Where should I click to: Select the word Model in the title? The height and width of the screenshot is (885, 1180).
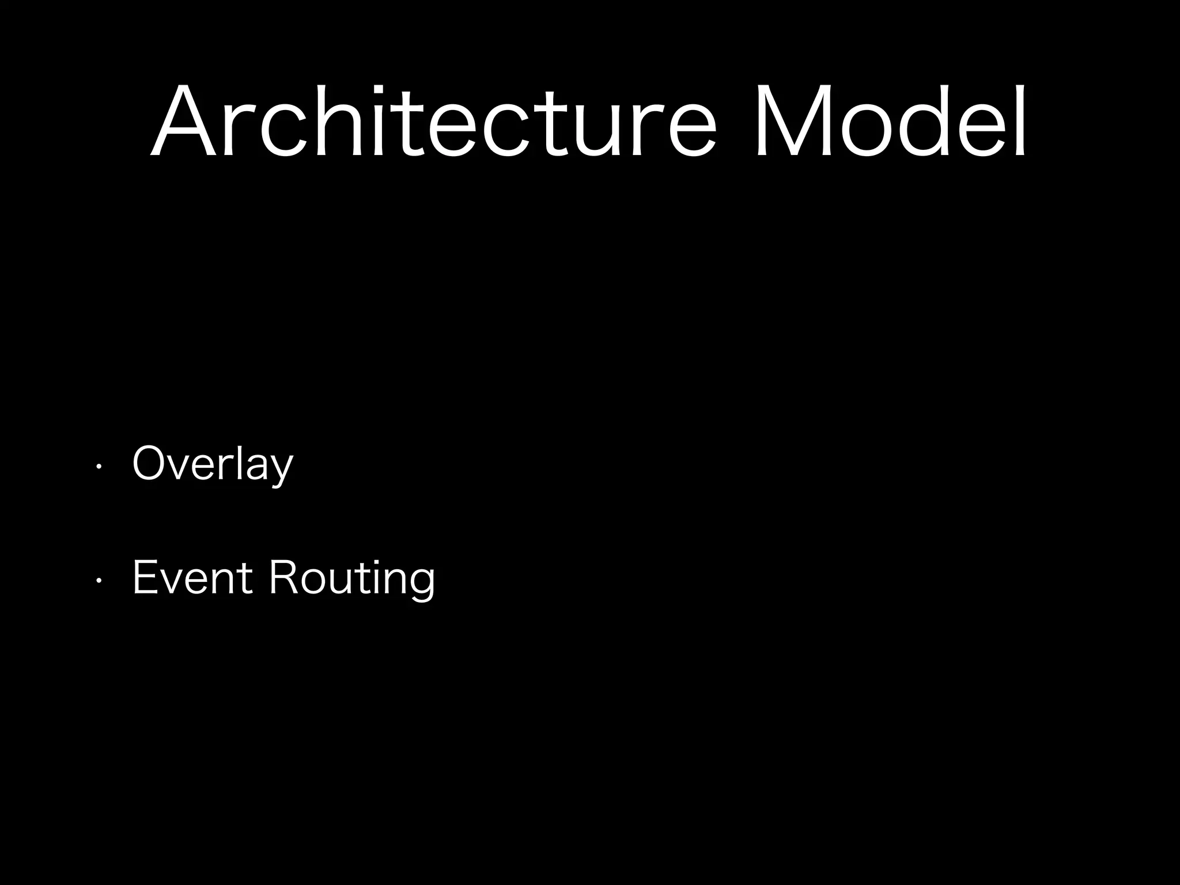(891, 121)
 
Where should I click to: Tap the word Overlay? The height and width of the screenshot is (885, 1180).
(213, 464)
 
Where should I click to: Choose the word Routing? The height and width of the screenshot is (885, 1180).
(352, 580)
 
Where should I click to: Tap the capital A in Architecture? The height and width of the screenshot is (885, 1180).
(184, 121)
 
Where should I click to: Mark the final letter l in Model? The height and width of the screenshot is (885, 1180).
(1020, 121)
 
